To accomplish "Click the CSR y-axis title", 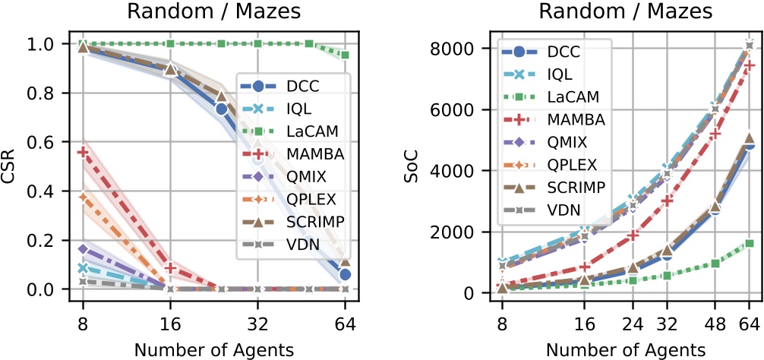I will point(10,166).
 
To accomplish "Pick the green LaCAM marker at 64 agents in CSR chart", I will point(346,55).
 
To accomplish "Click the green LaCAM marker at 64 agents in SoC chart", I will point(748,243).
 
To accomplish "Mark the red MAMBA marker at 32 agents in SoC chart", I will point(666,201).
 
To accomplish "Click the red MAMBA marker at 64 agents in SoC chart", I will point(748,66).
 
